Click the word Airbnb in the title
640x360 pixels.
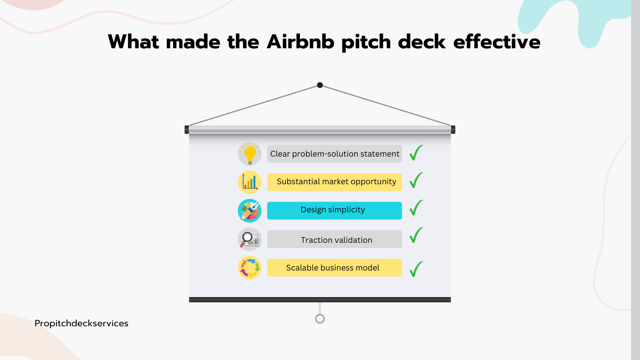click(x=300, y=42)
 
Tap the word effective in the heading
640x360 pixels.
click(x=497, y=42)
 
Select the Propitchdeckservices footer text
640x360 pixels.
click(x=82, y=323)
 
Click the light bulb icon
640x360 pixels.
click(x=250, y=154)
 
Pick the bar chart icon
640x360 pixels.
click(x=250, y=182)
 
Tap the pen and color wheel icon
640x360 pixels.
click(x=250, y=211)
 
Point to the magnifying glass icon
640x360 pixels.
click(x=250, y=239)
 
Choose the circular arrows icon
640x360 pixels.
click(x=250, y=268)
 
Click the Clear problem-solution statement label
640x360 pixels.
click(x=335, y=154)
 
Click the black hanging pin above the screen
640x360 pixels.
click(x=320, y=85)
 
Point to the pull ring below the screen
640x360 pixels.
click(x=320, y=319)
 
